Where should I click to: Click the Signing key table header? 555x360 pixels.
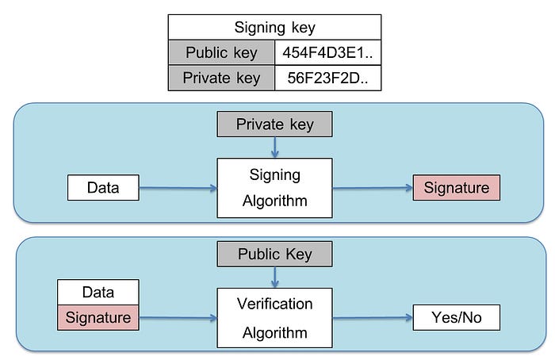pyautogui.click(x=274, y=27)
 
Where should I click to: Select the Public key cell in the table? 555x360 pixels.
pyautogui.click(x=221, y=53)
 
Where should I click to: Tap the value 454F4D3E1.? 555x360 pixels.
pyautogui.click(x=327, y=53)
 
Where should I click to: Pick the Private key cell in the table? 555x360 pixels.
pyautogui.click(x=221, y=78)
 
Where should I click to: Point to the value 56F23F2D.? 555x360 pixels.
pyautogui.click(x=327, y=78)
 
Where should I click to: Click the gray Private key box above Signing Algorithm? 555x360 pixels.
pyautogui.click(x=274, y=124)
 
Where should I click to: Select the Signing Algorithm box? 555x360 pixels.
pyautogui.click(x=274, y=188)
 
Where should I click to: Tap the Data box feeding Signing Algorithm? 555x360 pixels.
pyautogui.click(x=103, y=188)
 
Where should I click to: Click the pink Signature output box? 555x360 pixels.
pyautogui.click(x=457, y=188)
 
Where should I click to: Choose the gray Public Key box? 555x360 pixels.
pyautogui.click(x=274, y=254)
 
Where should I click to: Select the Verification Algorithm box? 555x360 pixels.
pyautogui.click(x=274, y=318)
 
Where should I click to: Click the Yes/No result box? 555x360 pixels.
pyautogui.click(x=457, y=317)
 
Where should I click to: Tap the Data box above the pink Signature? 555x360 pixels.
pyautogui.click(x=98, y=292)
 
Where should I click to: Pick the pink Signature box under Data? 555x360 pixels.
pyautogui.click(x=98, y=317)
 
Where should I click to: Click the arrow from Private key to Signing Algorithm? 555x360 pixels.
pyautogui.click(x=274, y=147)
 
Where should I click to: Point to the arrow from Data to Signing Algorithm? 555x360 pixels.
pyautogui.click(x=178, y=188)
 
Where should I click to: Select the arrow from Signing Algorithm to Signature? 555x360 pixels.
pyautogui.click(x=373, y=188)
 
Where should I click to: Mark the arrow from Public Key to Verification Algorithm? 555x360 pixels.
pyautogui.click(x=274, y=278)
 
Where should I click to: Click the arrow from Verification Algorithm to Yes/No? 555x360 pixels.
pyautogui.click(x=373, y=318)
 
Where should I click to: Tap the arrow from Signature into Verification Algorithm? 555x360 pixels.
pyautogui.click(x=178, y=318)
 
